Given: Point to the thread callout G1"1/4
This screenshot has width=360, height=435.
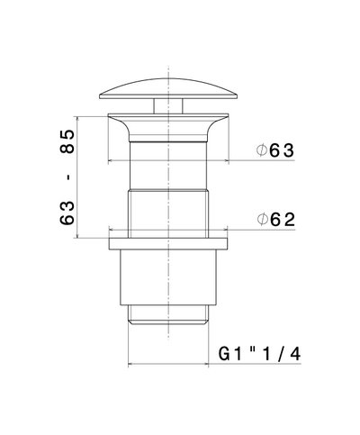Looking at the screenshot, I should point(260,354).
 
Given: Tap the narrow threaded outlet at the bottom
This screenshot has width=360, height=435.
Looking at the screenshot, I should point(168,315).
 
